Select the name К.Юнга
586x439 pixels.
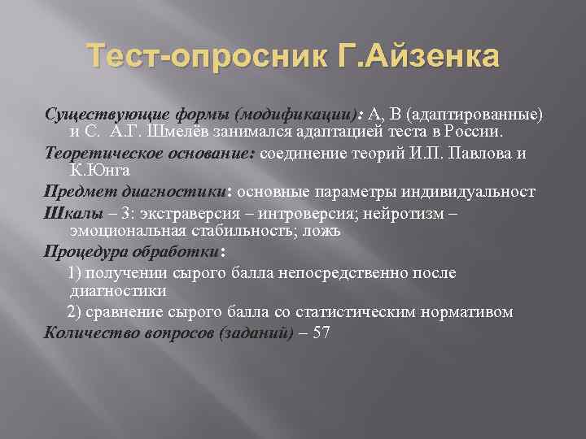[x=100, y=171]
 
